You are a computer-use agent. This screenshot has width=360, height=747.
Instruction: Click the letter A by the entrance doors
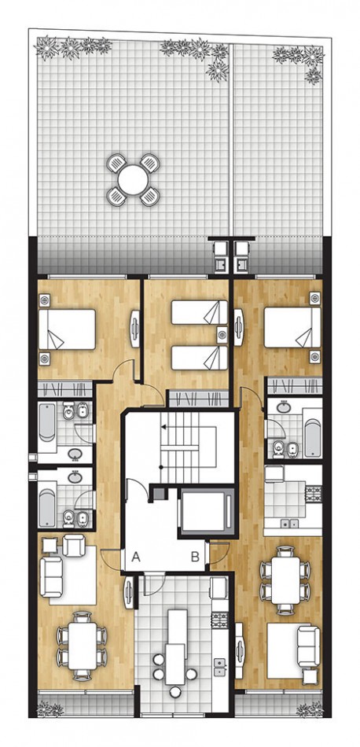tap(136, 557)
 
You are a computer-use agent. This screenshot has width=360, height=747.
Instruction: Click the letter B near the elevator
tap(195, 557)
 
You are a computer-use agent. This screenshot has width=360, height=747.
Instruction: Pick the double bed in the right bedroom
tap(292, 327)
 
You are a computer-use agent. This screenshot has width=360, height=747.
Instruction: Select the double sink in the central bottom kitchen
tap(219, 668)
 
